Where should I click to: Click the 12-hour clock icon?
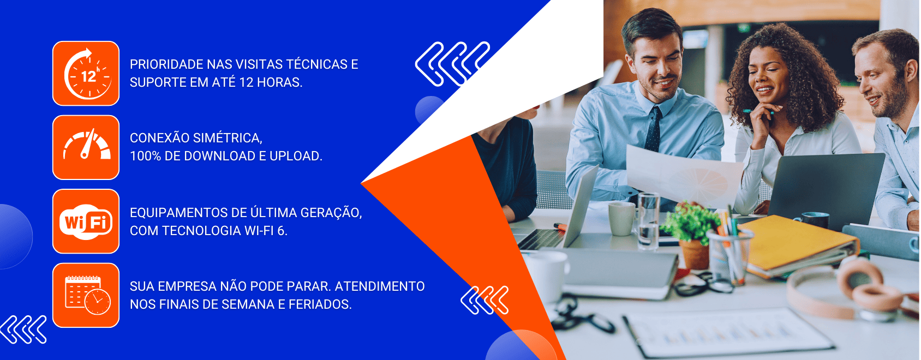pos(86,74)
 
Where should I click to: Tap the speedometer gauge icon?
pos(86,147)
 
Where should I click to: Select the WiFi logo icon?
pos(86,221)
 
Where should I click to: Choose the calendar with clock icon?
pos(86,295)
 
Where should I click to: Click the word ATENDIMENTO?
pos(380,286)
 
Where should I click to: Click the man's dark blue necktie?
pos(653,128)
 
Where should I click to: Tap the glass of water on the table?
pos(648,221)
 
